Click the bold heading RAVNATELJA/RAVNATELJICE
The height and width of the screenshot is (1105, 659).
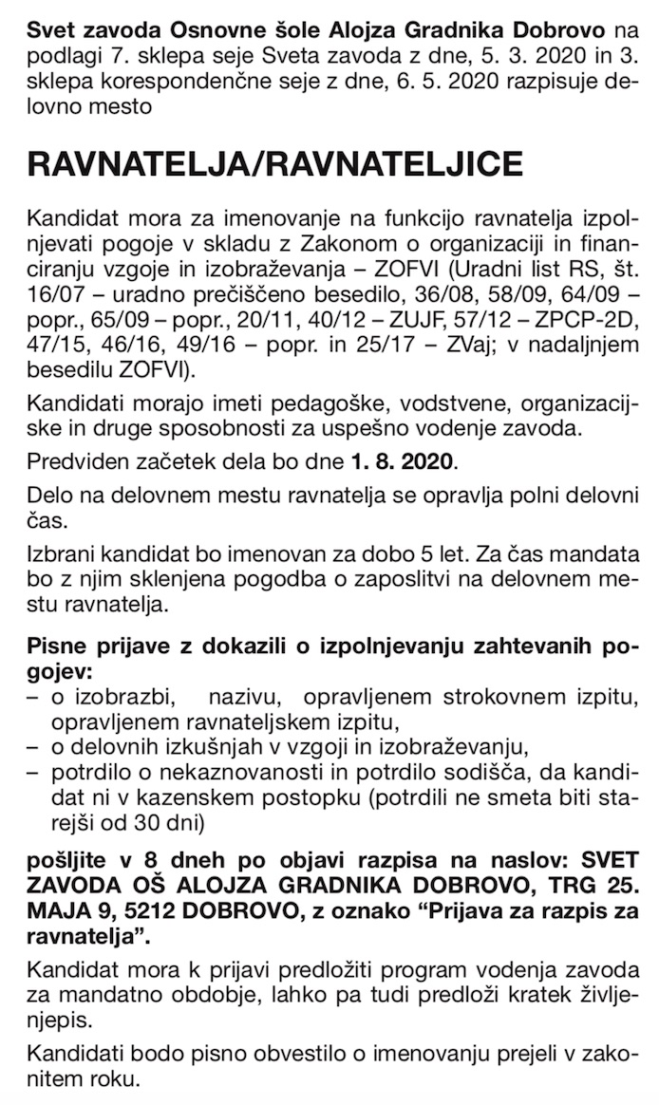coord(276,164)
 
